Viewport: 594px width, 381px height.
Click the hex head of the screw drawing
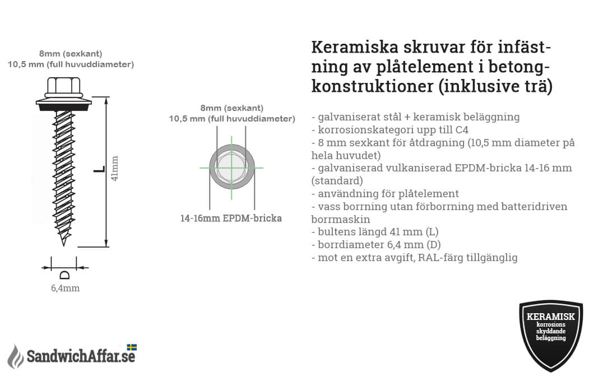[x=64, y=87]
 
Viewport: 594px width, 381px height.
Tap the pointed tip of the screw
[x=64, y=245]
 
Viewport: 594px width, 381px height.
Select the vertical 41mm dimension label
[x=114, y=168]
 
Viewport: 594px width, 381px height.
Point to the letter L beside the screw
[x=99, y=169]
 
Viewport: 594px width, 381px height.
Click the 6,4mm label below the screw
[x=65, y=288]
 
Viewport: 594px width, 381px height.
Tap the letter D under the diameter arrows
[x=65, y=275]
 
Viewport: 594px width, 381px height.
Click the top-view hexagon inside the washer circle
[x=231, y=167]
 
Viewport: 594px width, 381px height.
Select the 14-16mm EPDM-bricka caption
[x=231, y=218]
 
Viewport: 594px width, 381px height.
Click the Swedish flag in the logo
[x=132, y=347]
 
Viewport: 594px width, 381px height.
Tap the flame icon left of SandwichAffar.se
[x=16, y=356]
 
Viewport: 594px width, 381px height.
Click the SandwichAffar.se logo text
[x=81, y=356]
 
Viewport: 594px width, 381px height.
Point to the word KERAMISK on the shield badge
[x=550, y=317]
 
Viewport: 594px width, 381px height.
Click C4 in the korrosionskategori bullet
[x=462, y=130]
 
